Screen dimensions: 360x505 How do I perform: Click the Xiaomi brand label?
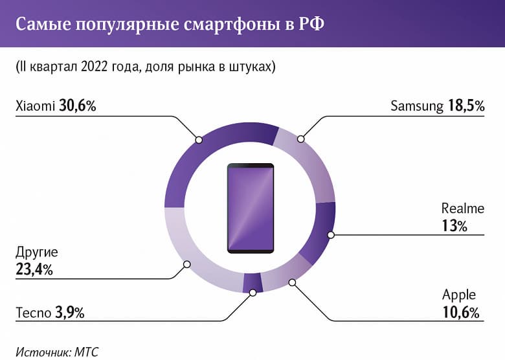tap(34, 106)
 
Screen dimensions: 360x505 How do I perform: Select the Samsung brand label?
tap(417, 106)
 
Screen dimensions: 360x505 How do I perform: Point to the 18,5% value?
tap(466, 106)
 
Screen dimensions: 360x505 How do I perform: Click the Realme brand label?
tap(462, 208)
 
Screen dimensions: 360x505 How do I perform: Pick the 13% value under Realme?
tap(454, 226)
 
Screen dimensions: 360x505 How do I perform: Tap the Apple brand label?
tap(459, 296)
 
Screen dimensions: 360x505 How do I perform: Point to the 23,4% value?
tap(34, 269)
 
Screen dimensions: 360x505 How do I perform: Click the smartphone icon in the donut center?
tap(250, 208)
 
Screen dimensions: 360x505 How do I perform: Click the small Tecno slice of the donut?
tap(252, 283)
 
